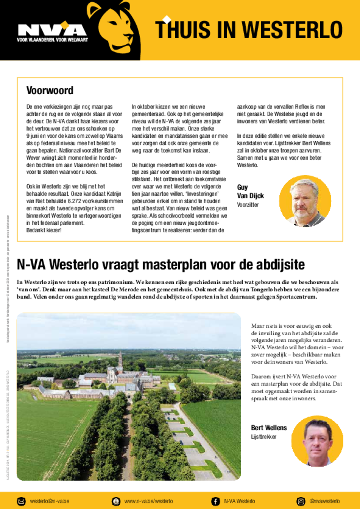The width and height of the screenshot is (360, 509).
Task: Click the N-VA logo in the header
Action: tap(52, 30)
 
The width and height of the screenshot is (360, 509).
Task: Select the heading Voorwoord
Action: tap(50, 91)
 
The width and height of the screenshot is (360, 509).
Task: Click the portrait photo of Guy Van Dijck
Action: tap(305, 201)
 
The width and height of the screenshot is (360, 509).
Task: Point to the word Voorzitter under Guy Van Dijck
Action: tap(248, 205)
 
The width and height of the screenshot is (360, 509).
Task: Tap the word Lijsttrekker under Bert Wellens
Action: tap(264, 437)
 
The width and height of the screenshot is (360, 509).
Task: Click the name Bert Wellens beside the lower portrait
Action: tap(269, 428)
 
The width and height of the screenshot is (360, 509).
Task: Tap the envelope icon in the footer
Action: tap(22, 501)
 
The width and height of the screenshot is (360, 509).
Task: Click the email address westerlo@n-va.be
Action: tap(50, 501)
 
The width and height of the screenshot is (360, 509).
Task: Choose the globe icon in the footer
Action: tap(116, 501)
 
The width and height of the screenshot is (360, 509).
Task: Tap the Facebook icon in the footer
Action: tap(216, 501)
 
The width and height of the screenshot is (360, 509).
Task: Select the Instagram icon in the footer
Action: tap(301, 501)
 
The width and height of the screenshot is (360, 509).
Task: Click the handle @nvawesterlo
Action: tap(324, 501)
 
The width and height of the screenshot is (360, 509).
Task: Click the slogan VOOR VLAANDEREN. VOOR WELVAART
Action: tap(52, 40)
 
